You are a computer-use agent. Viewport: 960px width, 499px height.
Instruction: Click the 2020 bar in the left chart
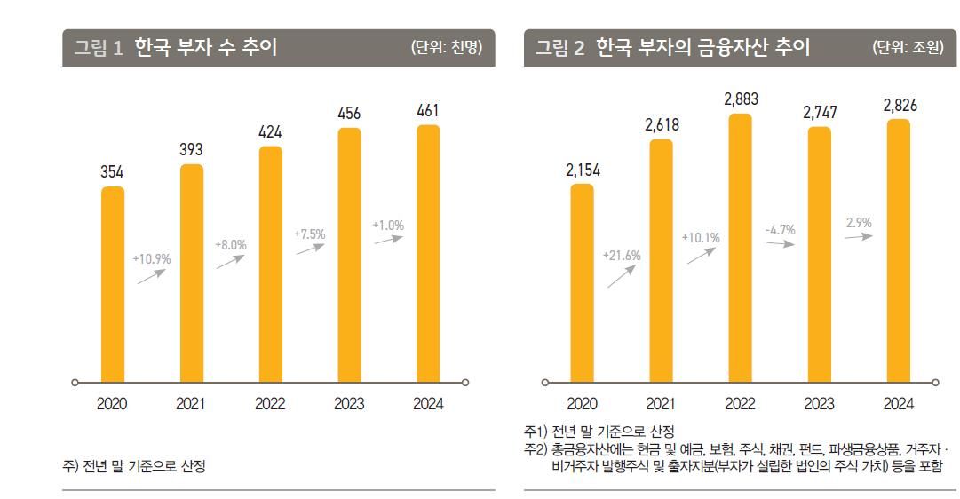click(x=112, y=284)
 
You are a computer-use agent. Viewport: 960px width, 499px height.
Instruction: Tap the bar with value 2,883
click(x=740, y=249)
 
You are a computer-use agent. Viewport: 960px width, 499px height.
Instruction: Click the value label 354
click(x=112, y=171)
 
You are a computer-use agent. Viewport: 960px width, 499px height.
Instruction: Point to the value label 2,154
click(x=583, y=170)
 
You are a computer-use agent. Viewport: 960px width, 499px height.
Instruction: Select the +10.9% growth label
click(x=151, y=259)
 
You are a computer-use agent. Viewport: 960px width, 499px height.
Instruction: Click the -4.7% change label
click(x=780, y=230)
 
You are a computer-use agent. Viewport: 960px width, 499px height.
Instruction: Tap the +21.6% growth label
click(x=621, y=256)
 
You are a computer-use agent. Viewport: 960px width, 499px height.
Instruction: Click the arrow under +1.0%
click(x=389, y=240)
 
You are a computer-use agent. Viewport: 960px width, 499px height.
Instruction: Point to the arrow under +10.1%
click(x=701, y=256)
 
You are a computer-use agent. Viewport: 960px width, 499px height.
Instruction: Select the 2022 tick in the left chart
click(x=270, y=404)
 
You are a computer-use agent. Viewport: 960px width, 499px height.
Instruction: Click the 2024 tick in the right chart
click(x=898, y=404)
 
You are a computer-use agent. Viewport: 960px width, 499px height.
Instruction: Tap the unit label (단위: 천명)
click(x=447, y=48)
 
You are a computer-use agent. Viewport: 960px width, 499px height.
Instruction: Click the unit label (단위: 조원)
click(x=908, y=48)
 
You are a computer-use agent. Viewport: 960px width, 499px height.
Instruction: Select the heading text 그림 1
click(x=99, y=48)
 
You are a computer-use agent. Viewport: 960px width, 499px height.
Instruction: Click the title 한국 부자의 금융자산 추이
click(x=702, y=48)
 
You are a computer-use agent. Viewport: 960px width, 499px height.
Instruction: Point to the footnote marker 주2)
click(x=536, y=449)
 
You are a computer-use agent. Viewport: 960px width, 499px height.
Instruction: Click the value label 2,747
click(x=820, y=113)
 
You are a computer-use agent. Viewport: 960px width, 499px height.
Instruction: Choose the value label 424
click(x=270, y=132)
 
